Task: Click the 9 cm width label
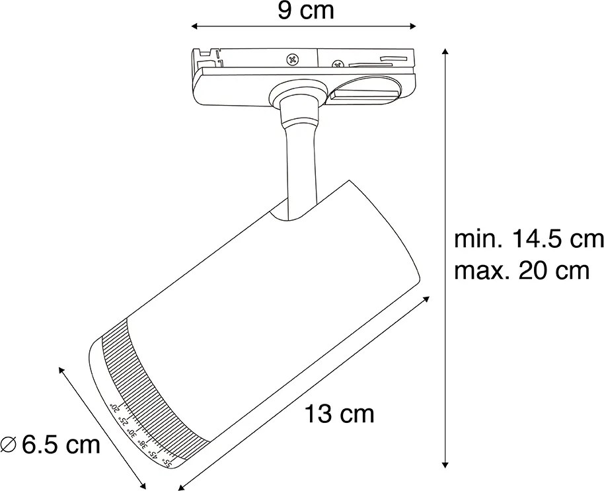(x=305, y=11)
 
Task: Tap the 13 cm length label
(x=340, y=414)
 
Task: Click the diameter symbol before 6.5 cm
(x=9, y=445)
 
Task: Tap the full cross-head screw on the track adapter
(x=291, y=59)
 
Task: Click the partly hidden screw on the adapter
(x=337, y=64)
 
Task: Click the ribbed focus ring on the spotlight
(x=142, y=383)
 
